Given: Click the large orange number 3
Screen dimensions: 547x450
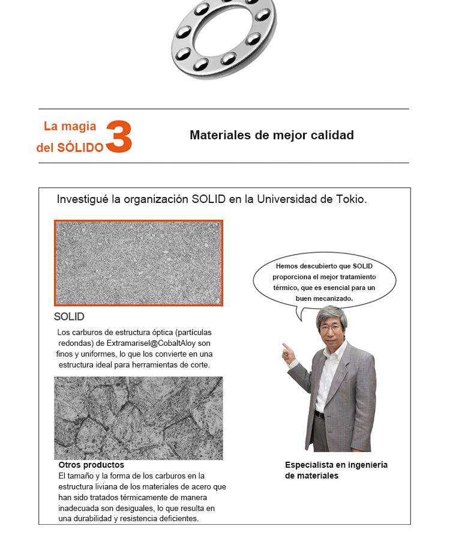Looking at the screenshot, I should point(119,137).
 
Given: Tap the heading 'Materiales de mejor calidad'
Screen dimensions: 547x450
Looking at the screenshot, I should point(271,135).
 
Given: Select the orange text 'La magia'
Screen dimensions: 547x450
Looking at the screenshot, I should point(70,126).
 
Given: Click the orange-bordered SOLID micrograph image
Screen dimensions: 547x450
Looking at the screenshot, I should point(139,263).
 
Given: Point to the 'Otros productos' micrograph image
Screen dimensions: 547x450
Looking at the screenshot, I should point(138,418).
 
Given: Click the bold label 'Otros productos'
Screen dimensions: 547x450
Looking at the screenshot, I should point(91,465).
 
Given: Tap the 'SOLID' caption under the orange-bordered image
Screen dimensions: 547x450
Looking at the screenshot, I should point(69,316).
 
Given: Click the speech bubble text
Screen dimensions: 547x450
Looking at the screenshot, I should point(324,282).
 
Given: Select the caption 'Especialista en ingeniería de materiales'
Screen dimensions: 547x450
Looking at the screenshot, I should point(336,470).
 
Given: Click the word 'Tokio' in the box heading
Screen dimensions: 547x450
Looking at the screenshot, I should point(350,199).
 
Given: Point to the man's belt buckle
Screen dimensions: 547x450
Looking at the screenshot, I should point(320,415).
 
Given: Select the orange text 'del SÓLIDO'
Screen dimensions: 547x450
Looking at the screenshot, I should point(70,148).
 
